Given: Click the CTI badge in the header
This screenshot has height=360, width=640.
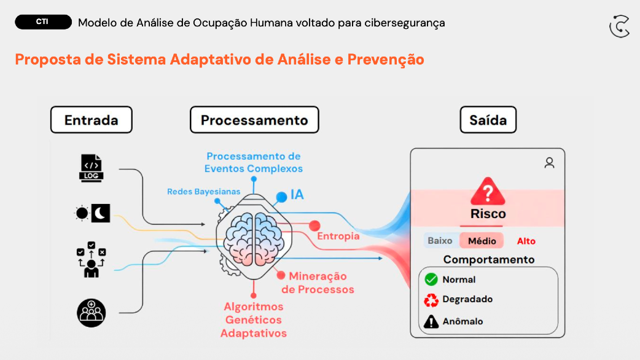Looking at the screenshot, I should click(x=42, y=22).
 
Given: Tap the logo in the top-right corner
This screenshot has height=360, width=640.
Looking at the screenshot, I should click(x=619, y=26).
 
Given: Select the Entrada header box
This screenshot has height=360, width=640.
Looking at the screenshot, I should click(x=91, y=120).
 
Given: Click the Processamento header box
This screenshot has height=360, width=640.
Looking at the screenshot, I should click(x=254, y=120).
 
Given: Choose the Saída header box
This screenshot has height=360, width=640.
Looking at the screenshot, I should click(x=488, y=120).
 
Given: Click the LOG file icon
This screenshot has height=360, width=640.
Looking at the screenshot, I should click(x=92, y=168).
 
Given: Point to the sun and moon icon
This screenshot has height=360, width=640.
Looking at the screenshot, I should click(x=92, y=213).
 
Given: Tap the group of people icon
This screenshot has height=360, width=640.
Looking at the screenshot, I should click(x=92, y=313).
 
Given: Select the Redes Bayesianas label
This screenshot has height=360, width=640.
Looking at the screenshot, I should click(x=203, y=192).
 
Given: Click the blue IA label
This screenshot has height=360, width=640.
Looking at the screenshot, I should click(x=297, y=195).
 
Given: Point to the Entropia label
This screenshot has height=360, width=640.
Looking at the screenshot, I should click(x=338, y=236).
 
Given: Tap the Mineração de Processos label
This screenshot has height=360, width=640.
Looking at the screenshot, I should click(x=318, y=283).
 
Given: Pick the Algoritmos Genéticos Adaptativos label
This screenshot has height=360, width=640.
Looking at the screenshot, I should click(x=254, y=319).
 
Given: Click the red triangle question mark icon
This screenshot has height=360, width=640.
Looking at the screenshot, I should click(x=488, y=192).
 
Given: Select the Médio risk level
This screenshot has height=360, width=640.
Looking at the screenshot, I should click(x=482, y=241).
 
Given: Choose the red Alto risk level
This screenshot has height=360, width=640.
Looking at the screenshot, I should click(x=526, y=241).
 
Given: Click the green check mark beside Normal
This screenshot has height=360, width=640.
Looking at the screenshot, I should click(x=431, y=280).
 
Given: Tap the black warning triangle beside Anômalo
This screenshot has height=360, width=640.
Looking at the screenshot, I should click(x=431, y=321).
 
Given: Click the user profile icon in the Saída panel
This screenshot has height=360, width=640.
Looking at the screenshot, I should click(x=549, y=163).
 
